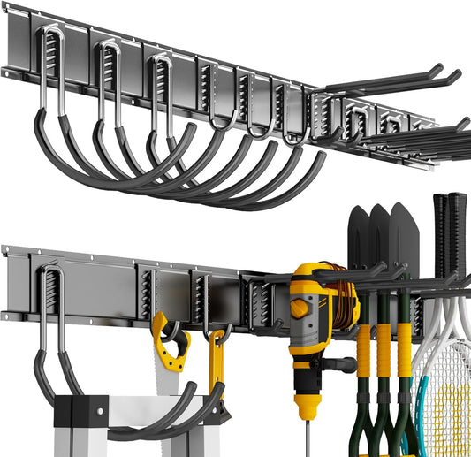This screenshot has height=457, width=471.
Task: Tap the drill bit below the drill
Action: pyautogui.click(x=308, y=438)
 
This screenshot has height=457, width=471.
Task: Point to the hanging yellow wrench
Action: pyautogui.click(x=217, y=371)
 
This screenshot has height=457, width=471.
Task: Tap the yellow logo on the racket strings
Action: pyautogui.click(x=452, y=415)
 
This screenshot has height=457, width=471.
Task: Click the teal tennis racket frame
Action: pyautogui.click(x=425, y=415)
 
